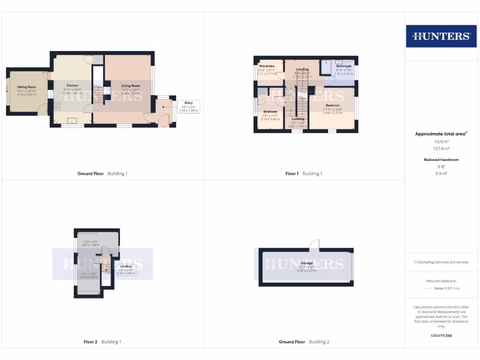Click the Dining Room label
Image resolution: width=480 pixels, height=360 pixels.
tap(27, 87)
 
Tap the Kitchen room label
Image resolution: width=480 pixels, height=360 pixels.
tap(73, 86)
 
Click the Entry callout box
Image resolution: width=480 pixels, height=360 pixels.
tap(188, 106)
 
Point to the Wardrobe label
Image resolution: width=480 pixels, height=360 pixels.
tap(267, 67)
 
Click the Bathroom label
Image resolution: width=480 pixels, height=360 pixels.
tap(343, 67)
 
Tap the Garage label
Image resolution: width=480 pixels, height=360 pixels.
tap(307, 263)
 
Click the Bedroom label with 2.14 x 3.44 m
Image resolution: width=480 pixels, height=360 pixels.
tap(270, 112)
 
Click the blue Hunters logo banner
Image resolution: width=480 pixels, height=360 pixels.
tap(441, 36)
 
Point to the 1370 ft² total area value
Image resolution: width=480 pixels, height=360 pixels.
tap(441, 142)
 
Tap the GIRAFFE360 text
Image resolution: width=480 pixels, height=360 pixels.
tap(441, 336)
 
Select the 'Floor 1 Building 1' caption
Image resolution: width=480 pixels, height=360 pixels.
tap(304, 174)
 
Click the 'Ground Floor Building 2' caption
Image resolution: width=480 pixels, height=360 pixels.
tap(304, 342)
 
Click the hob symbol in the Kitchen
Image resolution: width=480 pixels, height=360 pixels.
tap(57, 105)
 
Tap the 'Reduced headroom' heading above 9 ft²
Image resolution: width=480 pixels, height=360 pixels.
tap(441, 160)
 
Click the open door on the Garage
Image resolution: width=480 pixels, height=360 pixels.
tap(315, 244)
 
